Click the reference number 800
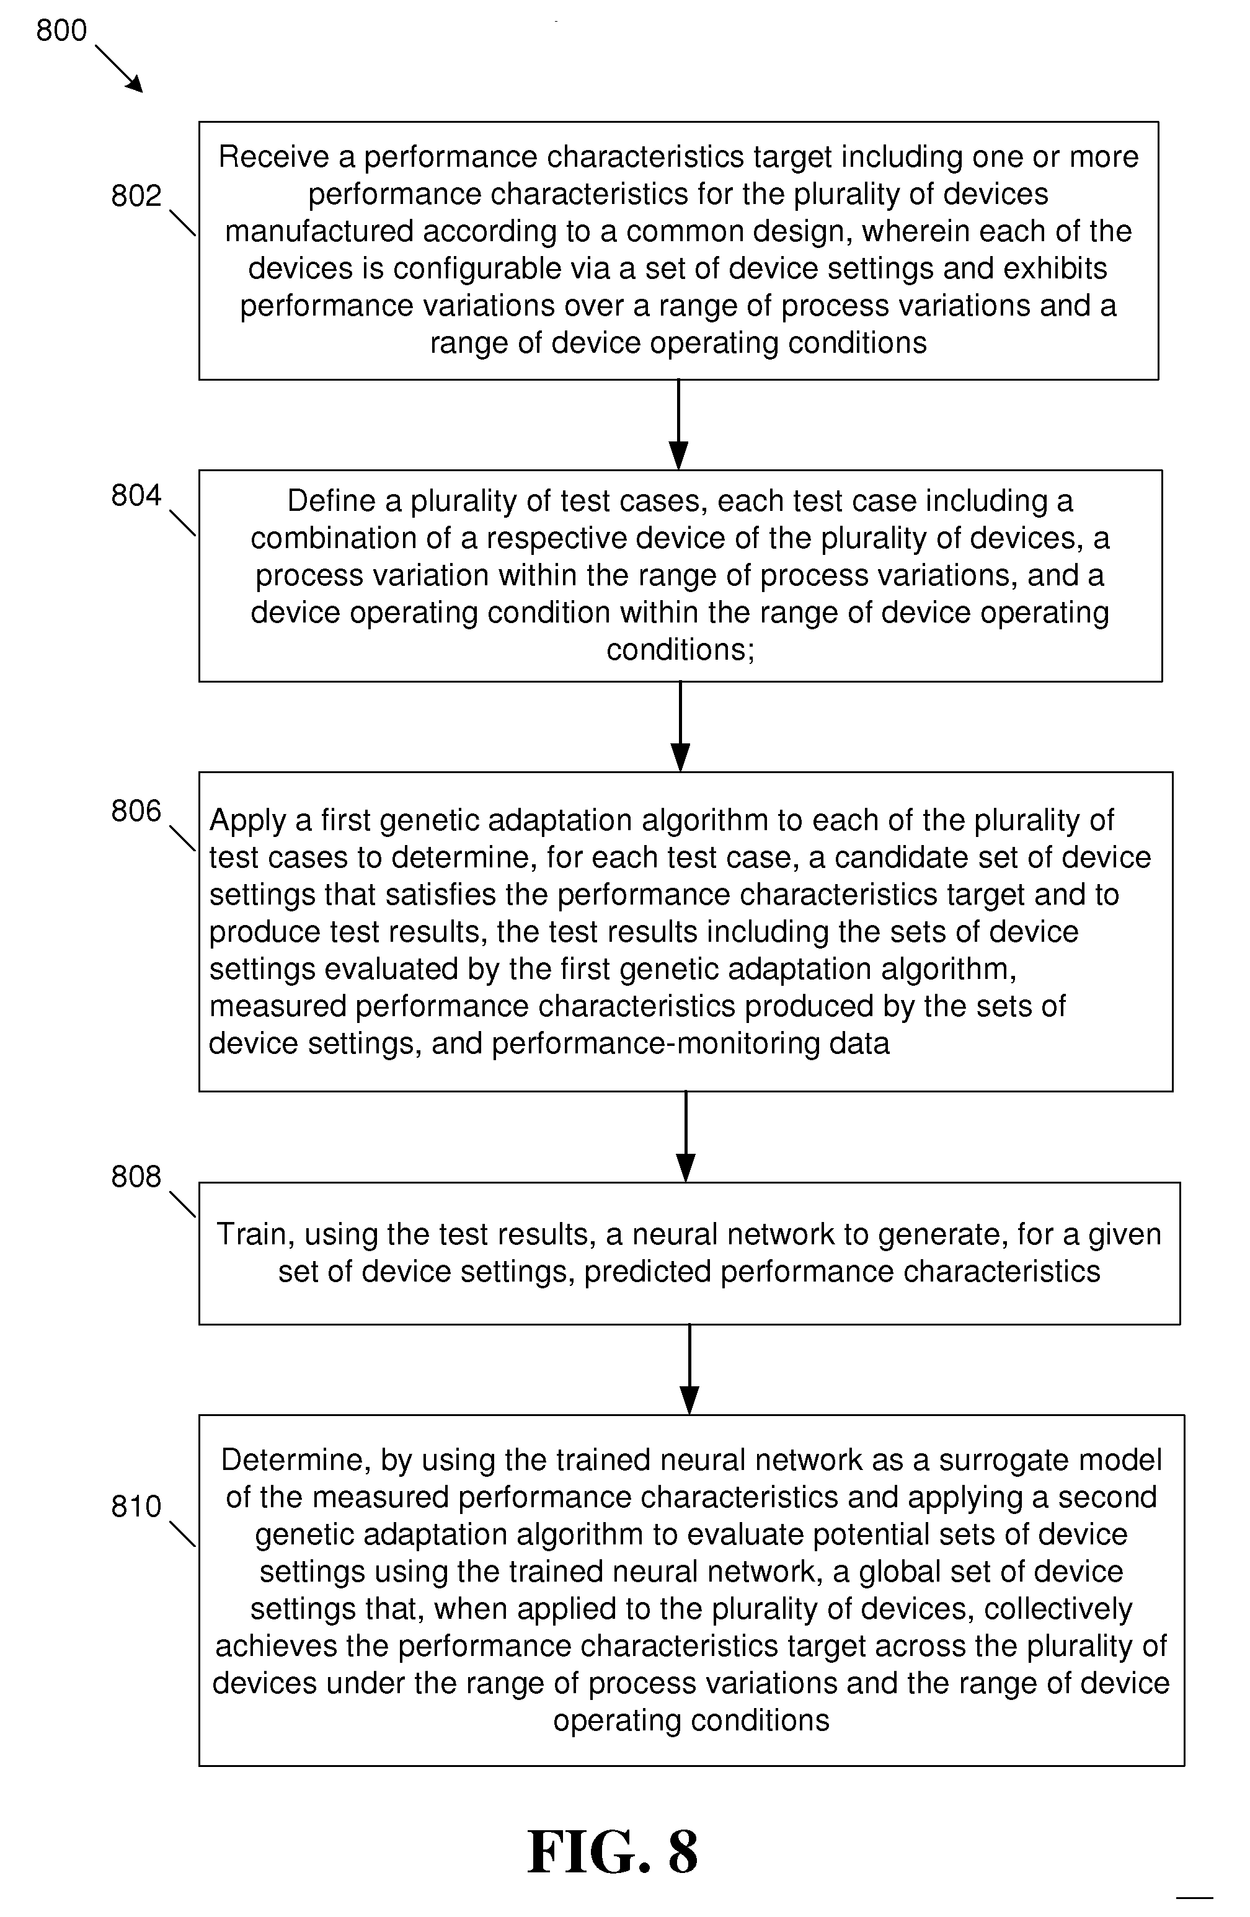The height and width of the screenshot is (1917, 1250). (x=61, y=30)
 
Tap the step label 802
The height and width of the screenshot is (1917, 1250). (x=136, y=196)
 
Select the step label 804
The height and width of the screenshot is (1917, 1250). (x=136, y=495)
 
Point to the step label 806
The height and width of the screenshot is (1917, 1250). (x=136, y=811)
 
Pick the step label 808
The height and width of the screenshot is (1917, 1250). (x=136, y=1177)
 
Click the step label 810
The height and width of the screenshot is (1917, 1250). (x=136, y=1506)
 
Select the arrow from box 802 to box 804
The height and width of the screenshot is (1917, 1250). (x=679, y=425)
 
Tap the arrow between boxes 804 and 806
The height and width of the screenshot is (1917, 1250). (x=681, y=727)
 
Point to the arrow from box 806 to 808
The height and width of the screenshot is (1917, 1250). (x=685, y=1136)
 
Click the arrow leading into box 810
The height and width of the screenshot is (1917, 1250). (x=689, y=1370)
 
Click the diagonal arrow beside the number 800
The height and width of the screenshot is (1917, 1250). (x=119, y=68)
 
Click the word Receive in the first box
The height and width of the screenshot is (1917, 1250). (x=274, y=157)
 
